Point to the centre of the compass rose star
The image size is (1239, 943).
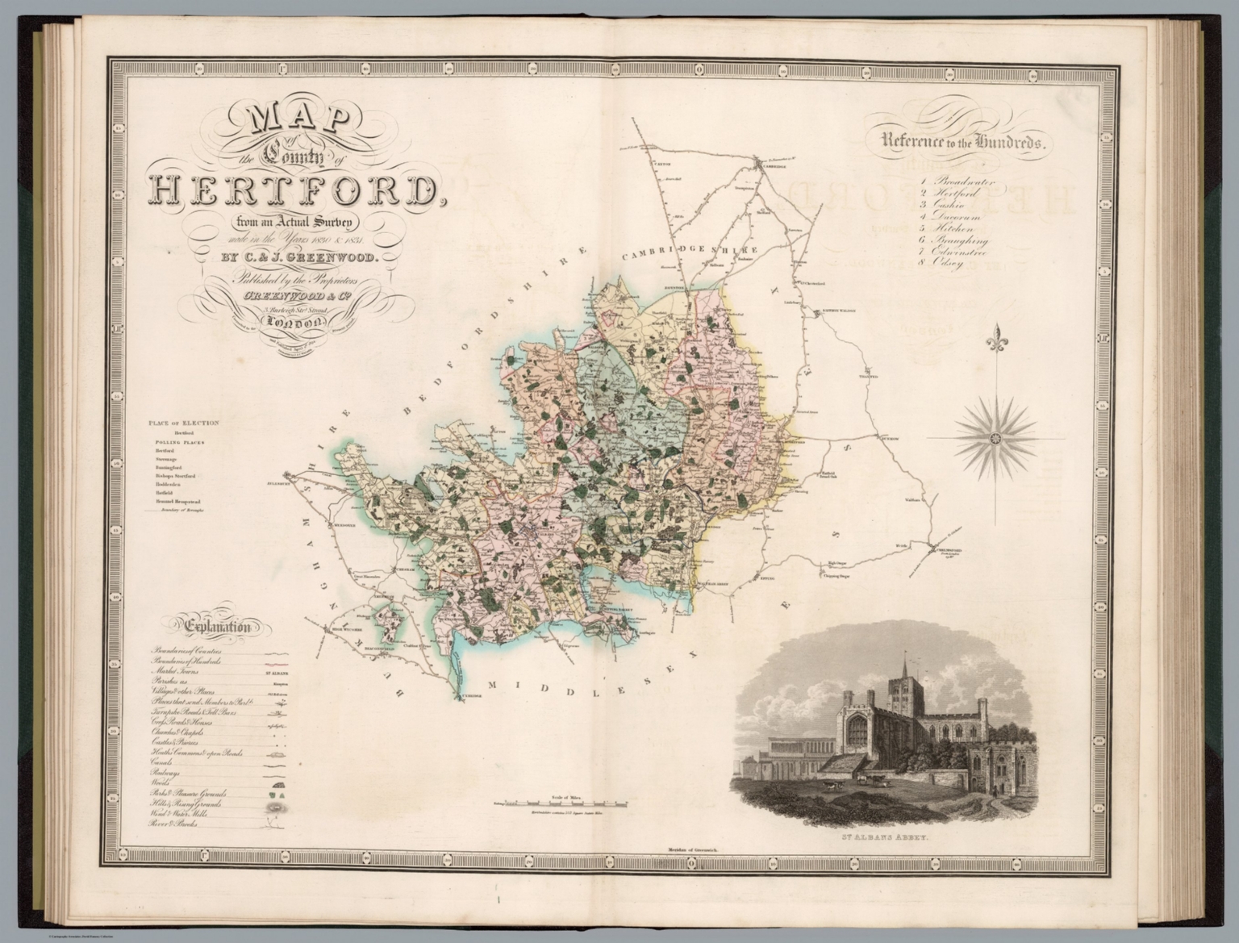pyautogui.click(x=994, y=438)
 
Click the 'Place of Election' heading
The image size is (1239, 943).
pyautogui.click(x=183, y=422)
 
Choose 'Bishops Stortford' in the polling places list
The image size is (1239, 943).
pyautogui.click(x=176, y=476)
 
